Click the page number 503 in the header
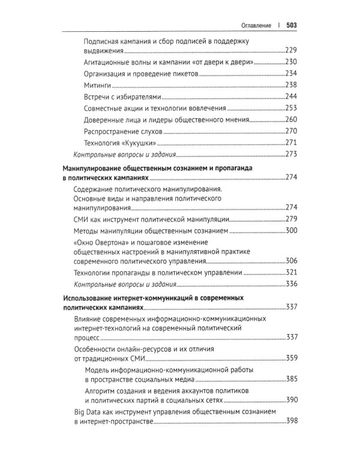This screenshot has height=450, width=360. (292, 25)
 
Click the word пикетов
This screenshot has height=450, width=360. (182, 73)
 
